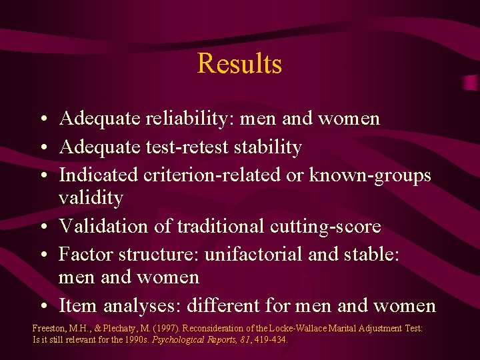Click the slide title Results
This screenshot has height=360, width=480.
[x=239, y=64]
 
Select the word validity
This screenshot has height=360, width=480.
[x=91, y=198]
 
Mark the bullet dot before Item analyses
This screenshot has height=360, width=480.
[x=42, y=307]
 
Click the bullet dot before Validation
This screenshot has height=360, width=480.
[x=42, y=227]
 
